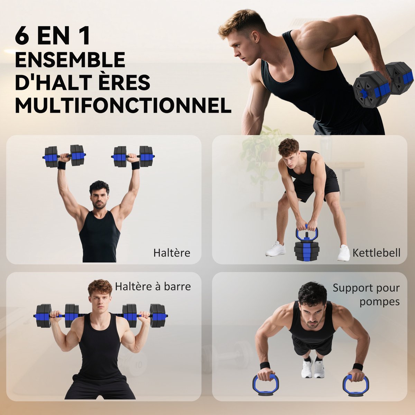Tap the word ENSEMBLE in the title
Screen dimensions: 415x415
click(x=70, y=59)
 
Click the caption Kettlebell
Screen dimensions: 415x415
click(x=376, y=252)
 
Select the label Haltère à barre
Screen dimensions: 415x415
click(x=153, y=286)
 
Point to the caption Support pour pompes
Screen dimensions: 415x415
click(x=366, y=295)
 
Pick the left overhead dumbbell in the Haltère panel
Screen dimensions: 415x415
click(x=64, y=156)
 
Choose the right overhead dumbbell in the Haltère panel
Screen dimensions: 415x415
click(x=133, y=157)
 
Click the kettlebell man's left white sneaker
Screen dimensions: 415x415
click(x=276, y=249)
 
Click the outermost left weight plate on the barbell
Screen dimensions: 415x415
click(x=43, y=315)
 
